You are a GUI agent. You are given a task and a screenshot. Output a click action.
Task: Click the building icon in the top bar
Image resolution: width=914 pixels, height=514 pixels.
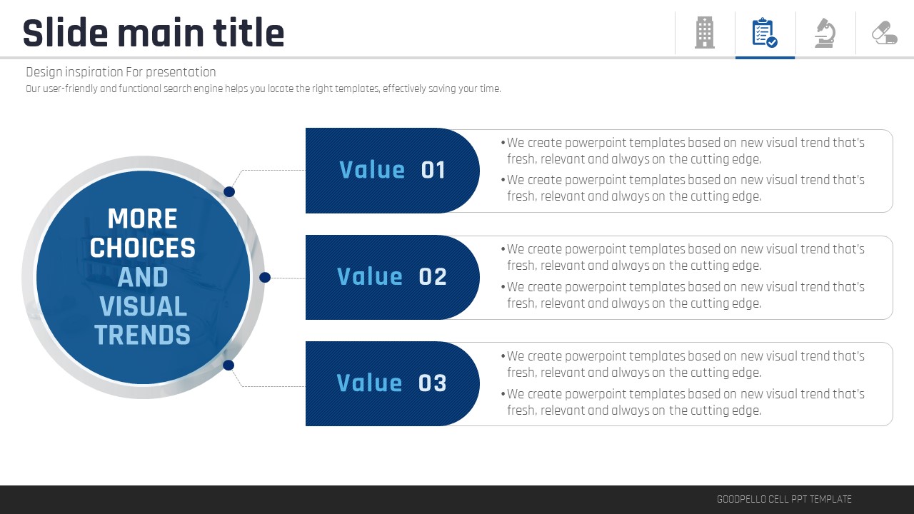(x=705, y=33)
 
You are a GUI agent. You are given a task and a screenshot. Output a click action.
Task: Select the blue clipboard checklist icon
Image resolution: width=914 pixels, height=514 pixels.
(x=765, y=33)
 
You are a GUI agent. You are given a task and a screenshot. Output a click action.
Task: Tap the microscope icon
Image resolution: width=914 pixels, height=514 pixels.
(x=825, y=33)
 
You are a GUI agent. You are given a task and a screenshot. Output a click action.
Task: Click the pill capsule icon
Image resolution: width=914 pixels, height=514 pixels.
(x=885, y=33)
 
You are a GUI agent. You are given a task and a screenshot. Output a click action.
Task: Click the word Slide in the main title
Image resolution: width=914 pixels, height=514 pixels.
(x=65, y=33)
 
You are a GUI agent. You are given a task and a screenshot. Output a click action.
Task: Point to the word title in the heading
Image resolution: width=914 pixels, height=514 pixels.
(x=248, y=33)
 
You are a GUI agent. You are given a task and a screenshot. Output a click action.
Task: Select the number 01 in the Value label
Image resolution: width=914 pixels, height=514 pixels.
(x=433, y=170)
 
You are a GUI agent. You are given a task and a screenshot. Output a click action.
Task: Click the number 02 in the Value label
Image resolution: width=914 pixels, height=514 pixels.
(x=433, y=276)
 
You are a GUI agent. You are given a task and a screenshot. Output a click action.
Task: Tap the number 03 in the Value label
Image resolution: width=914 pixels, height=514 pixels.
(x=433, y=383)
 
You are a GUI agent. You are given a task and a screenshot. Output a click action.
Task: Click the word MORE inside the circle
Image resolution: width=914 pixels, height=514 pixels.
(x=142, y=218)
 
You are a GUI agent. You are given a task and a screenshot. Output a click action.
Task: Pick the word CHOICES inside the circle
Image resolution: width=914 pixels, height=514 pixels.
(x=142, y=248)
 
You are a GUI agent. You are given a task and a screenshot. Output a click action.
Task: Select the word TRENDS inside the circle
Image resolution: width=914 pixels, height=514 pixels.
(x=142, y=335)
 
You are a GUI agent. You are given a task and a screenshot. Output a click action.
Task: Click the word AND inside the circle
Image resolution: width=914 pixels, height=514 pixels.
(x=142, y=277)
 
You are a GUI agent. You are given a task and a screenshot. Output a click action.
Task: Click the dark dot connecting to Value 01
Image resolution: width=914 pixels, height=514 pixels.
(x=229, y=192)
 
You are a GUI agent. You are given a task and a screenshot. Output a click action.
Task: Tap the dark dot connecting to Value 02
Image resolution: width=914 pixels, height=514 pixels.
(x=265, y=278)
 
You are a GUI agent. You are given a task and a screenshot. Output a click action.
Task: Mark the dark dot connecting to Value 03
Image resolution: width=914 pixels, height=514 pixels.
(x=228, y=365)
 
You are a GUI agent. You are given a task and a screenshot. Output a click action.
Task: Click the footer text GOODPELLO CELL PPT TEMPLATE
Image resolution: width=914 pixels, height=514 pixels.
(x=784, y=499)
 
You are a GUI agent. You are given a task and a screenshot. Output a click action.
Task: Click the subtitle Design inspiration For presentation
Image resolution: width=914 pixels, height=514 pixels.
(x=121, y=72)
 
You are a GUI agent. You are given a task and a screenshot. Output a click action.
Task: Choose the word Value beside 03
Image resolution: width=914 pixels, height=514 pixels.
(x=369, y=383)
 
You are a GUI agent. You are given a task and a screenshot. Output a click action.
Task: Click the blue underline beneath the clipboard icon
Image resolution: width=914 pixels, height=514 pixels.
(x=765, y=58)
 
